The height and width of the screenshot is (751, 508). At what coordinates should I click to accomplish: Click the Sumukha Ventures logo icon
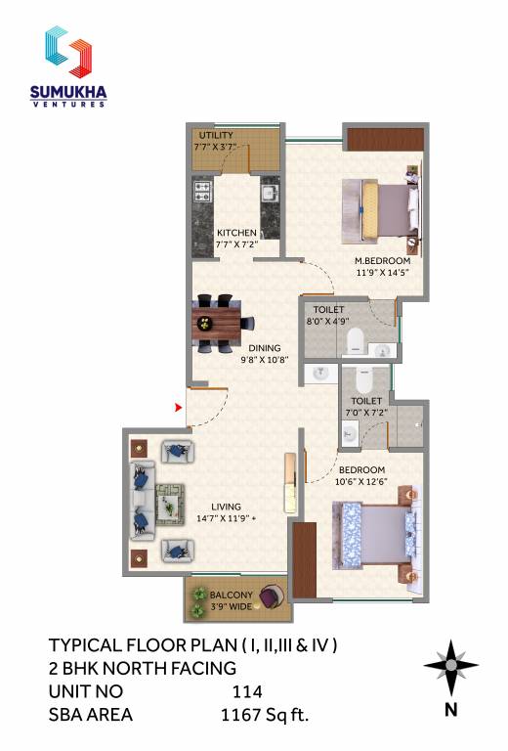67,51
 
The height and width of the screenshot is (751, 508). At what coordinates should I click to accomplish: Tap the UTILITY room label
215,135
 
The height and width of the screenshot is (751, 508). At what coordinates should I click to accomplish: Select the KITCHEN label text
236,233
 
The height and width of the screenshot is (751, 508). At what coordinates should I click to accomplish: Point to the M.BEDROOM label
382,261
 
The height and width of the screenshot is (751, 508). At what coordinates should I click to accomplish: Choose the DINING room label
264,347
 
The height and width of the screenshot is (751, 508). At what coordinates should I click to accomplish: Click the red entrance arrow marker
178,407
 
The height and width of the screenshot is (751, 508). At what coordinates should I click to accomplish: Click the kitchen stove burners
203,187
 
